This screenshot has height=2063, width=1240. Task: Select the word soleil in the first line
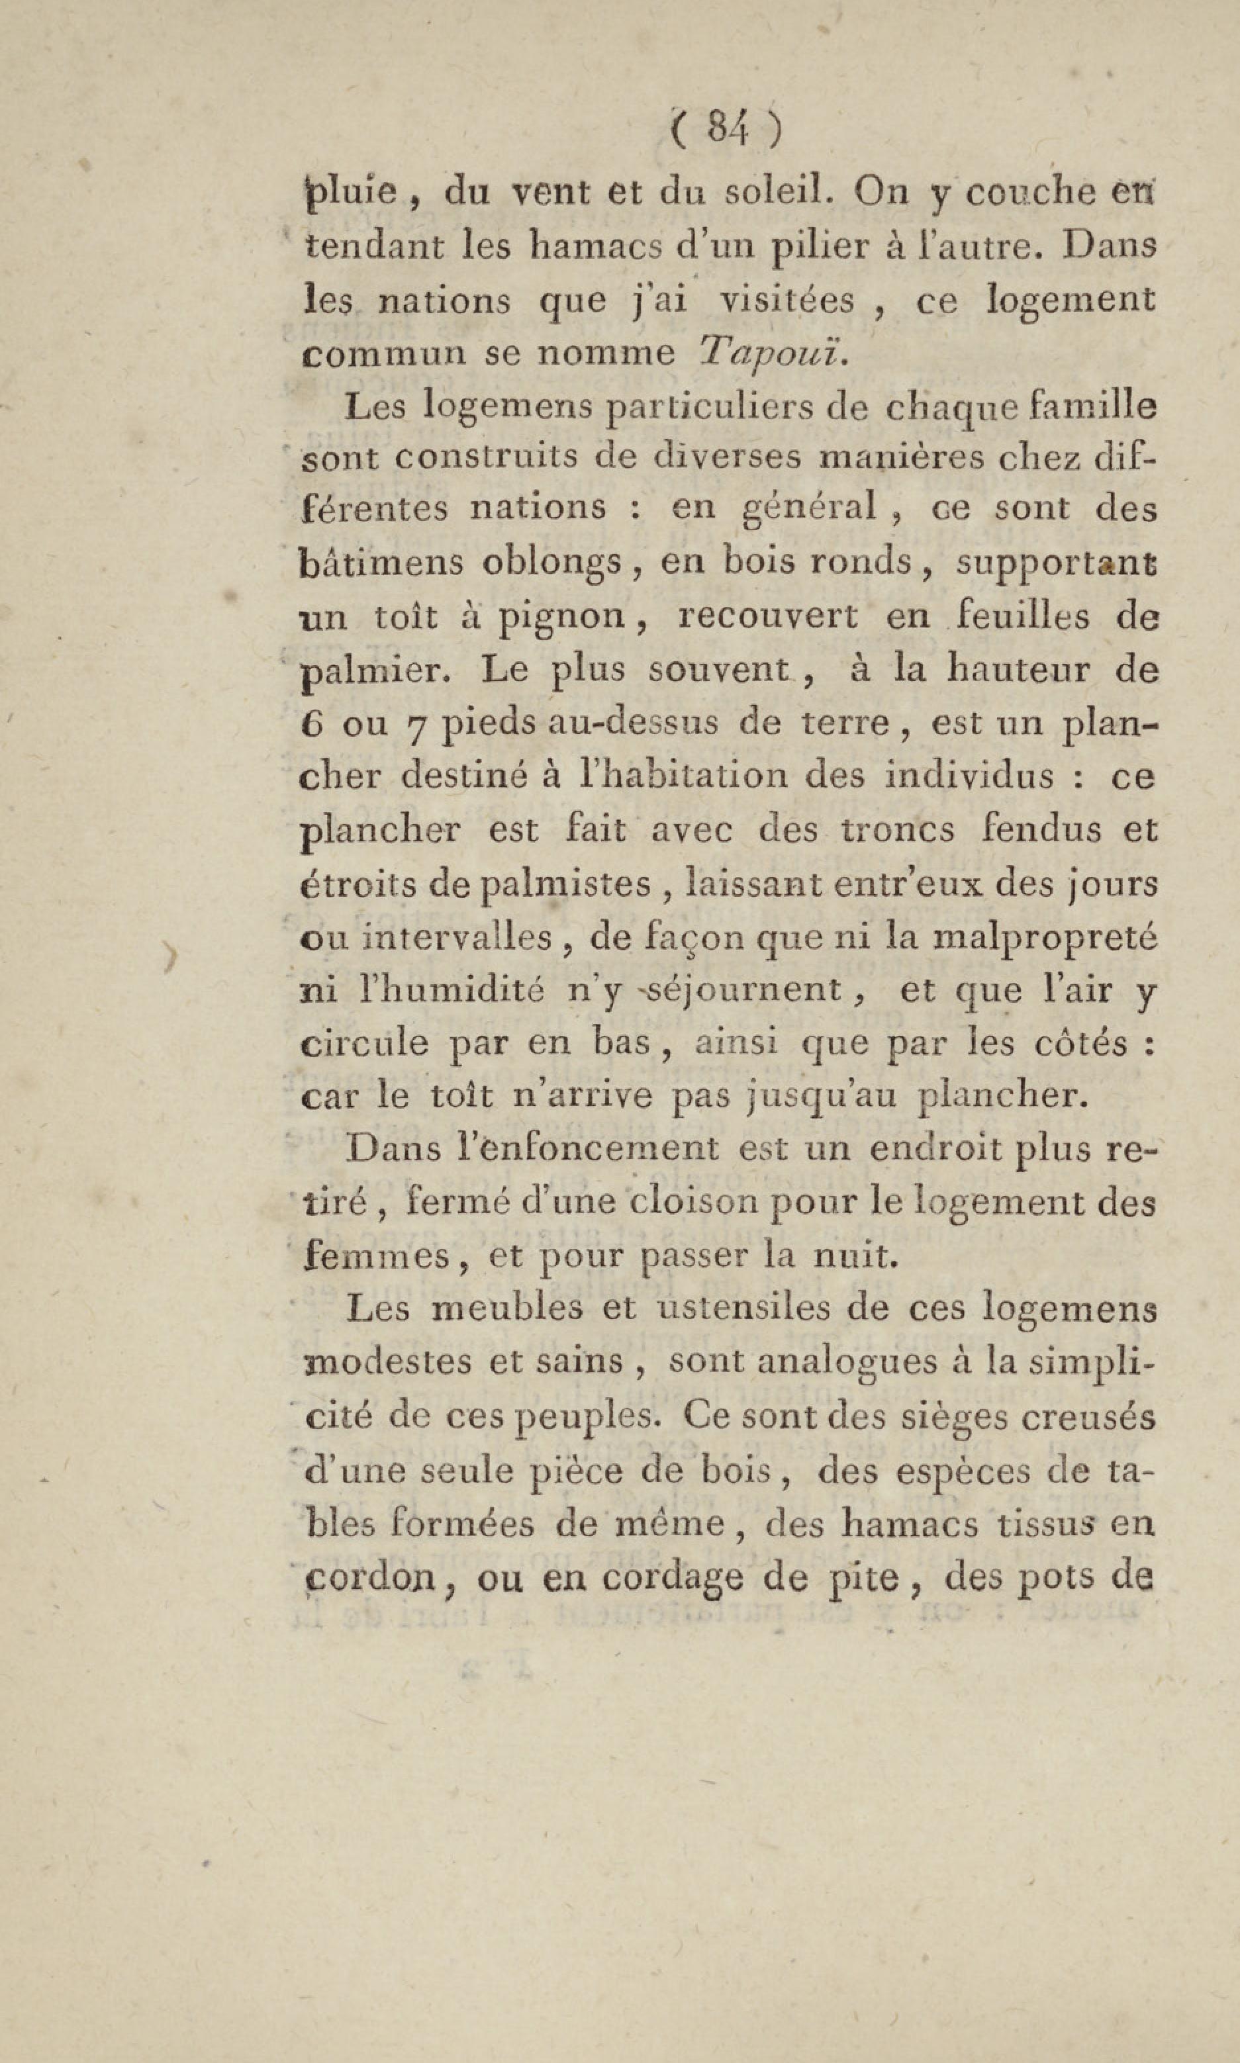point(777,193)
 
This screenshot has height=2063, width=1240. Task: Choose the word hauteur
point(1018,670)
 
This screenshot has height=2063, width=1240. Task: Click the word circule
point(363,1044)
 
